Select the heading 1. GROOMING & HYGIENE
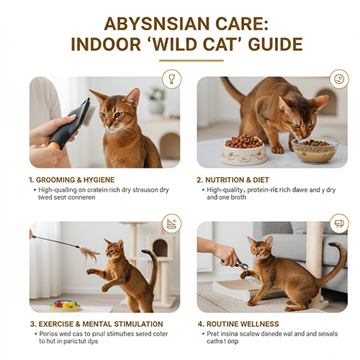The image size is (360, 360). [72, 179]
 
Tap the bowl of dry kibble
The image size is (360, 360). [245, 147]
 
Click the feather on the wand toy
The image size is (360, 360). [90, 253]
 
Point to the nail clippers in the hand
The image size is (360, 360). [240, 264]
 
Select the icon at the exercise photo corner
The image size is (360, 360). [171, 224]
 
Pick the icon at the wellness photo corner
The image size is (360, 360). [338, 224]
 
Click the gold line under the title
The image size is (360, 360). [180, 61]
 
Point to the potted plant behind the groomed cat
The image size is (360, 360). [155, 101]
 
